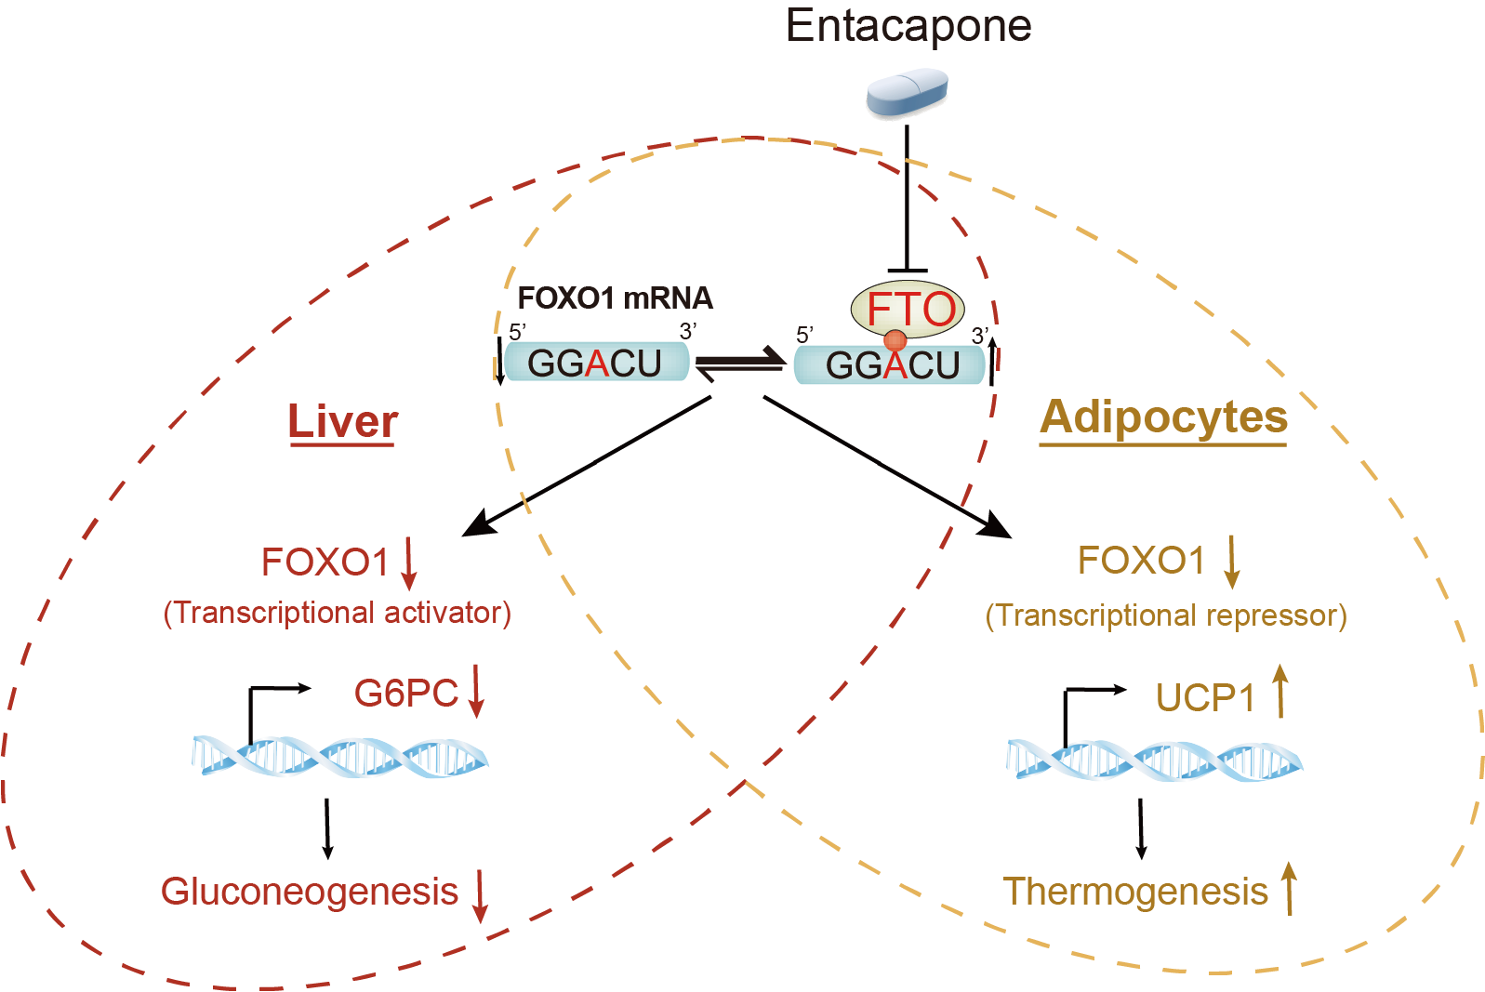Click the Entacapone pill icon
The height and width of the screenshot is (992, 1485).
tap(907, 95)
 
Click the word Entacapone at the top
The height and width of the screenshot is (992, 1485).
tap(908, 26)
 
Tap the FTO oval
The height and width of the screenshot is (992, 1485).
tap(908, 310)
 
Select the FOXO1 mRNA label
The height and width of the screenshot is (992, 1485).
tap(615, 298)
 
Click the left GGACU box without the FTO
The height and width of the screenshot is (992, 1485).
tap(596, 363)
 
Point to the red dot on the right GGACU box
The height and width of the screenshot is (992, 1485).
tap(895, 341)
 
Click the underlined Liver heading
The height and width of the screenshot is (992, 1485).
tap(342, 422)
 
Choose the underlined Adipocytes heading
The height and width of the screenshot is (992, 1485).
tap(1163, 417)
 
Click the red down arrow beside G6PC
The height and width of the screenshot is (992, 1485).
tap(476, 691)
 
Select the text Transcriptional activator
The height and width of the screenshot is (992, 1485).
tap(338, 613)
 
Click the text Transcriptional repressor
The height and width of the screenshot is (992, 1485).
tap(1166, 615)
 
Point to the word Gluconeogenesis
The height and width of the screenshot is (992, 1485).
tap(310, 892)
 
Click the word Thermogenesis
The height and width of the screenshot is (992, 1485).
tap(1135, 892)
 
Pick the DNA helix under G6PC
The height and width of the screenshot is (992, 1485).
tap(339, 758)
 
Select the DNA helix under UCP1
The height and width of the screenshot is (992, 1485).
tap(1154, 761)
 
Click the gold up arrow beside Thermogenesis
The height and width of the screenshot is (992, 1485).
tap(1289, 888)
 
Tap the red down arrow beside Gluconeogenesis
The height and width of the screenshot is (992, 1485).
tap(480, 895)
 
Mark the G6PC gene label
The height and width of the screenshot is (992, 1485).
tap(405, 694)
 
